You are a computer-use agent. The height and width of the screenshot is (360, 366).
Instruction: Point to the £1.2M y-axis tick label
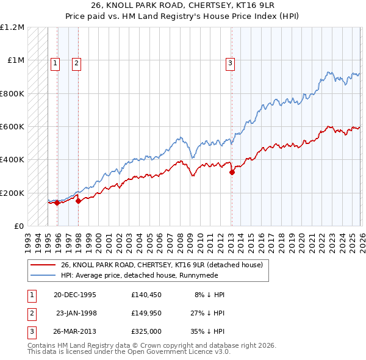pyautogui.click(x=13, y=27)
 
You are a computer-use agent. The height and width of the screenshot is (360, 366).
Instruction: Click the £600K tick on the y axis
pyautogui.click(x=13, y=127)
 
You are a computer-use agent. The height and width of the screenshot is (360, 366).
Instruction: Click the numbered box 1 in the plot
pyautogui.click(x=55, y=62)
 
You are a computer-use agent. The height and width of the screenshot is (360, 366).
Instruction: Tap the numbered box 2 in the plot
pyautogui.click(x=76, y=62)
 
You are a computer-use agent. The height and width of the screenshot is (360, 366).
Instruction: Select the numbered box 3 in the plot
pyautogui.click(x=231, y=62)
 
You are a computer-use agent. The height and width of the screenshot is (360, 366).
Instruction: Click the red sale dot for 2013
pyautogui.click(x=232, y=173)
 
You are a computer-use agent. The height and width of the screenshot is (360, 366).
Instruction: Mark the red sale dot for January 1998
pyautogui.click(x=78, y=201)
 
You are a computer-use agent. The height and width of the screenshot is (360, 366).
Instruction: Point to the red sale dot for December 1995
pyautogui.click(x=57, y=203)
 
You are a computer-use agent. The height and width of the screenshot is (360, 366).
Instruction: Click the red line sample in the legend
pyautogui.click(x=43, y=265)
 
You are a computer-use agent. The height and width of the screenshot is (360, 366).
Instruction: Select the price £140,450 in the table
pyautogui.click(x=146, y=295)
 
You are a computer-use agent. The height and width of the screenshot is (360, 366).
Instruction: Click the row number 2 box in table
pyautogui.click(x=31, y=313)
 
